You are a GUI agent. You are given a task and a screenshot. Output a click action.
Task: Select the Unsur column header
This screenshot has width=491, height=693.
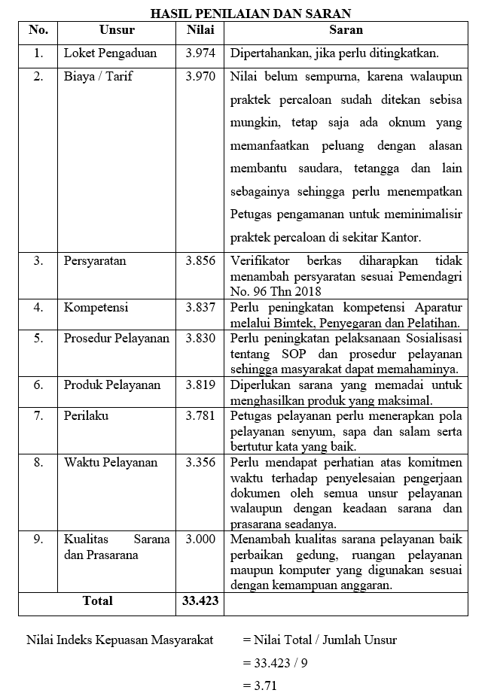[117, 31]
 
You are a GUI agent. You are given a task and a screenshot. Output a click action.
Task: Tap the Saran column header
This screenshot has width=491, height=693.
[346, 31]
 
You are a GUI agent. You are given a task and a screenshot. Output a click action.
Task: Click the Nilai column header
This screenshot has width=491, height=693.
[200, 31]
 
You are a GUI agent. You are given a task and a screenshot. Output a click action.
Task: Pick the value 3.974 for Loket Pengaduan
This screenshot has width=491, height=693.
[200, 54]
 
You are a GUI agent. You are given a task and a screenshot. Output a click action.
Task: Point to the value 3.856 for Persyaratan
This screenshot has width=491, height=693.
[200, 261]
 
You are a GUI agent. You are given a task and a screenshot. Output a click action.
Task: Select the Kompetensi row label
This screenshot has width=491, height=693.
[96, 308]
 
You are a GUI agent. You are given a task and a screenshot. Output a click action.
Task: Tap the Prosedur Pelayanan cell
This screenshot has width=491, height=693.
[117, 339]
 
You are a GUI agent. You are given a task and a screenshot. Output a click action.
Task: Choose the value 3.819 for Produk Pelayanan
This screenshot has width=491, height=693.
[200, 385]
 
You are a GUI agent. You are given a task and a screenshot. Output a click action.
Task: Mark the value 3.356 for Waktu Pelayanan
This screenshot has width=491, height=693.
[200, 463]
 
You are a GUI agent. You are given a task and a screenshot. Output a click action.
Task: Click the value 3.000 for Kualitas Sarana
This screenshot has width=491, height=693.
[200, 540]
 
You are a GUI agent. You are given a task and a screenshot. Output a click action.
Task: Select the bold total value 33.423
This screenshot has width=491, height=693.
[200, 601]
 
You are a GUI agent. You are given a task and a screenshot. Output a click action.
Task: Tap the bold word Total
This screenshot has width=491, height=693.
[97, 601]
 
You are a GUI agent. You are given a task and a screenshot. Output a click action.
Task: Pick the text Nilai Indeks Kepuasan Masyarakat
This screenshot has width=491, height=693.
[120, 640]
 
